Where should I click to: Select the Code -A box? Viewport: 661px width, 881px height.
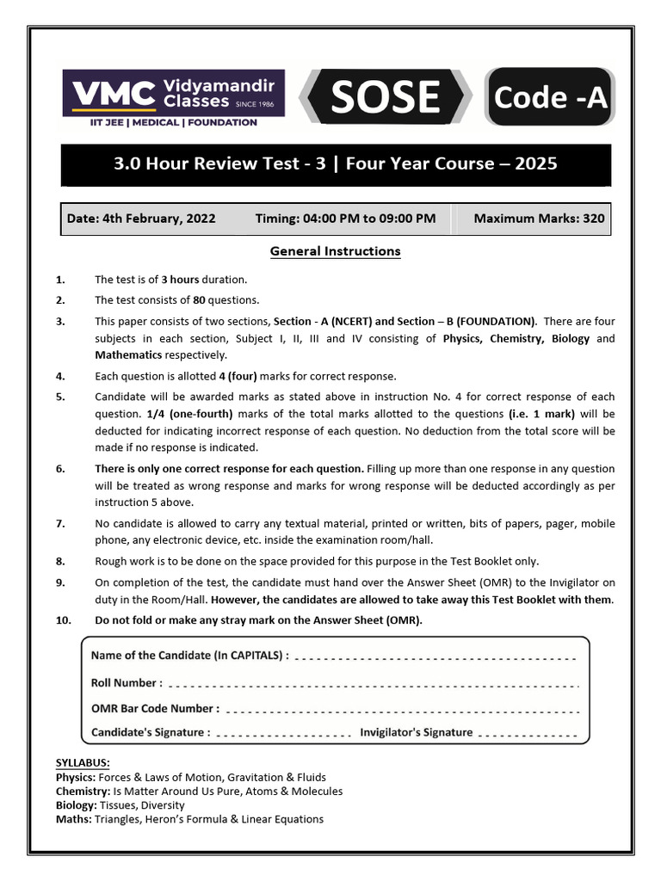pyautogui.click(x=549, y=98)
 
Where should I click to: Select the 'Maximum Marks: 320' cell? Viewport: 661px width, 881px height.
pyautogui.click(x=539, y=219)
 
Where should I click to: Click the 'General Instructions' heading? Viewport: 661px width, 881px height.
pyautogui.click(x=335, y=251)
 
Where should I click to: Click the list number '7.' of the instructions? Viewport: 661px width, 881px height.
pyautogui.click(x=60, y=523)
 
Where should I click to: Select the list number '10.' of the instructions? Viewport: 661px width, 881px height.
pyautogui.click(x=63, y=620)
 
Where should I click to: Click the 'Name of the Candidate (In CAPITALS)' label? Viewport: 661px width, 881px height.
pyautogui.click(x=189, y=656)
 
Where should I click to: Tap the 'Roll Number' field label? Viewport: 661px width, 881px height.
pyautogui.click(x=126, y=683)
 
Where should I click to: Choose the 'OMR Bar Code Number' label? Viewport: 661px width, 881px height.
pyautogui.click(x=155, y=709)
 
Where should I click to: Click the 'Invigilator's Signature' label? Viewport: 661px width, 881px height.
pyautogui.click(x=416, y=732)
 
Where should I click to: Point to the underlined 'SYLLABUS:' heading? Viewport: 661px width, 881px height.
pyautogui.click(x=83, y=763)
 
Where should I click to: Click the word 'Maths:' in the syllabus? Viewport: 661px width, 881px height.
pyautogui.click(x=74, y=819)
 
